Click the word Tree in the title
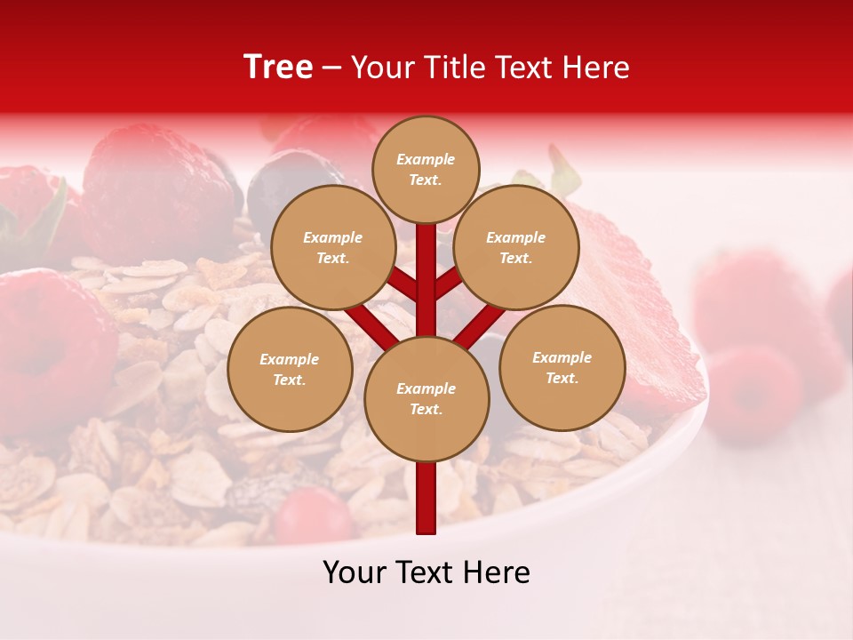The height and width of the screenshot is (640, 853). tap(278, 68)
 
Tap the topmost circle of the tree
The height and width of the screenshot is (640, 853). tap(426, 169)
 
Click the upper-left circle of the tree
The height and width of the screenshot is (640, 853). tap(332, 247)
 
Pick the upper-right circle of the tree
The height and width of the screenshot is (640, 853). tap(516, 247)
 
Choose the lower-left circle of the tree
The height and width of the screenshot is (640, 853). tap(290, 369)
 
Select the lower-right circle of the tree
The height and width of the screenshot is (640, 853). tap(562, 367)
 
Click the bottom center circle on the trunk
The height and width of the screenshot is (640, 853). tap(426, 398)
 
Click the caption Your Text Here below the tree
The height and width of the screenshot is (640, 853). tap(426, 572)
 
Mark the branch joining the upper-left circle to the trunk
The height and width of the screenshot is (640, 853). tap(403, 284)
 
